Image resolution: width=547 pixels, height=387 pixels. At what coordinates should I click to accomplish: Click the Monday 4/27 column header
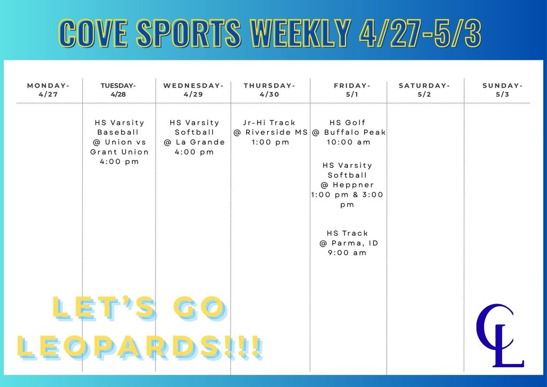(48, 90)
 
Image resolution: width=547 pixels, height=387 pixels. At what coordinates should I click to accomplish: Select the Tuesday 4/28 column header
(118, 90)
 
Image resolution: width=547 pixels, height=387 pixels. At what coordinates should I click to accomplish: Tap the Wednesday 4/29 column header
(193, 90)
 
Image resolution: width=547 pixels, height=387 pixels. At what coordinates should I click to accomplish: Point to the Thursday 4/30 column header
(270, 90)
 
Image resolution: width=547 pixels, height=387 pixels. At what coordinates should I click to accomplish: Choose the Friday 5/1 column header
(352, 90)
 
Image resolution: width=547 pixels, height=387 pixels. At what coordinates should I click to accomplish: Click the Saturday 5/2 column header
(425, 90)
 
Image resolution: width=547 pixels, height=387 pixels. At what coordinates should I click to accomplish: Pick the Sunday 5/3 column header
(503, 90)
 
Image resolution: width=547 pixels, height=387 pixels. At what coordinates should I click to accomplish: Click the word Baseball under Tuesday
(118, 132)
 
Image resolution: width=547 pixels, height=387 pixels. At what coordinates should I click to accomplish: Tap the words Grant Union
(120, 152)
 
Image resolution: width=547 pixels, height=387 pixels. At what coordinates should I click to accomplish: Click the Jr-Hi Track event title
(270, 122)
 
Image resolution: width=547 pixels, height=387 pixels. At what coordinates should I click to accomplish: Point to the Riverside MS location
(276, 133)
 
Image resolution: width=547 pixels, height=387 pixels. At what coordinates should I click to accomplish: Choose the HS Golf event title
(348, 122)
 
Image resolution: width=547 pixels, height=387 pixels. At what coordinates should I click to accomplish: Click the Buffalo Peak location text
(355, 133)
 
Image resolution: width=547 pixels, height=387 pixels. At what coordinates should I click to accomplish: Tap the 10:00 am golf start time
(348, 142)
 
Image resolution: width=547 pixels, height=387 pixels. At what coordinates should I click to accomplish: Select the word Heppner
(354, 185)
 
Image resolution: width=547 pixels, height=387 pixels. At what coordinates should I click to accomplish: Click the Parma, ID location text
(354, 243)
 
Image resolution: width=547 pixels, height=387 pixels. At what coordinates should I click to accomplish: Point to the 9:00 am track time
(348, 253)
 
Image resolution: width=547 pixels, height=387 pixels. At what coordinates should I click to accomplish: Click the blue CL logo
(499, 335)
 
